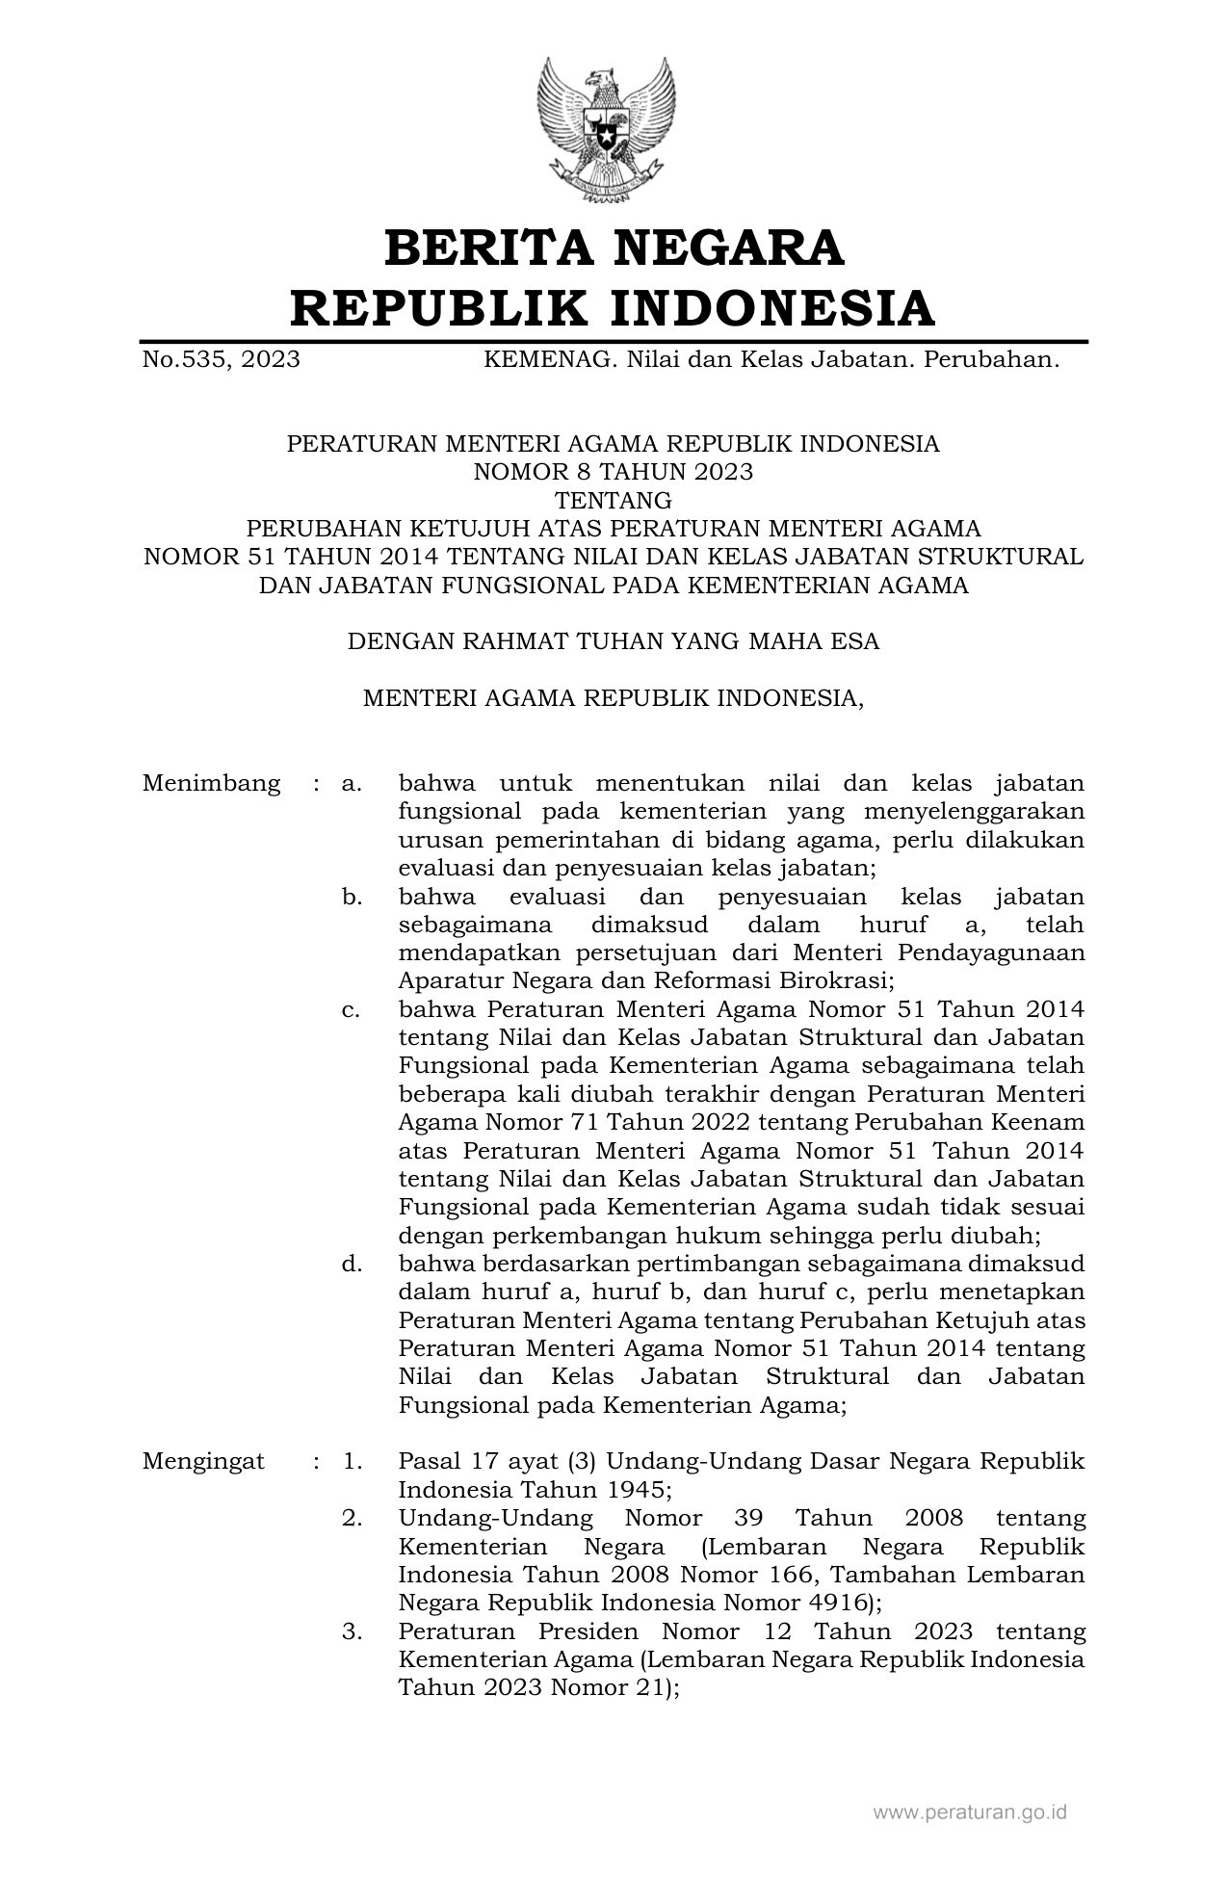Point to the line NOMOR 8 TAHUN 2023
pos(613,472)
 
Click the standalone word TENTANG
pos(614,500)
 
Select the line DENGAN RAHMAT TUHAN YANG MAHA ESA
pos(613,641)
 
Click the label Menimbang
pos(211,783)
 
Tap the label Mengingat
pos(203,1461)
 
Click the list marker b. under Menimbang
pos(352,897)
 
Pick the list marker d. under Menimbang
pos(352,1264)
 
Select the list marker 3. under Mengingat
pos(352,1631)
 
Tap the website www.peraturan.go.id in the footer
pos(970,1812)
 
